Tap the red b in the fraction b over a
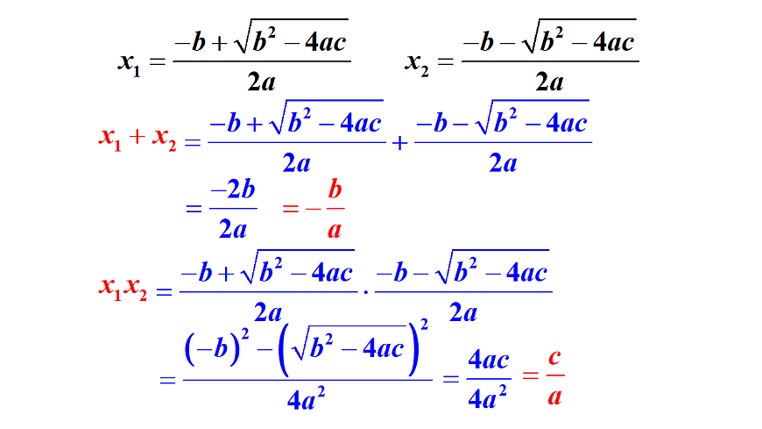pos(335,189)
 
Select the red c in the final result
pos(554,358)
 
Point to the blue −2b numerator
pos(233,189)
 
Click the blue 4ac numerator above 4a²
pos(489,361)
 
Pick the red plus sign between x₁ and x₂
pos(137,137)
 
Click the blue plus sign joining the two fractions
pos(400,143)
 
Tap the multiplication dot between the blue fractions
pos(366,292)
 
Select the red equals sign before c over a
pos(530,375)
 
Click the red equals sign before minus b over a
pos(290,209)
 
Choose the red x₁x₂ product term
pos(123,288)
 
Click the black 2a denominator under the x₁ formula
pos(262,82)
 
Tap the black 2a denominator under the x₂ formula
pos(550,82)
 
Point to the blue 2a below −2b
pos(233,228)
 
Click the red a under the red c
pos(554,397)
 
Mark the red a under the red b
pos(335,230)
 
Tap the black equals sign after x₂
pos(446,61)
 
